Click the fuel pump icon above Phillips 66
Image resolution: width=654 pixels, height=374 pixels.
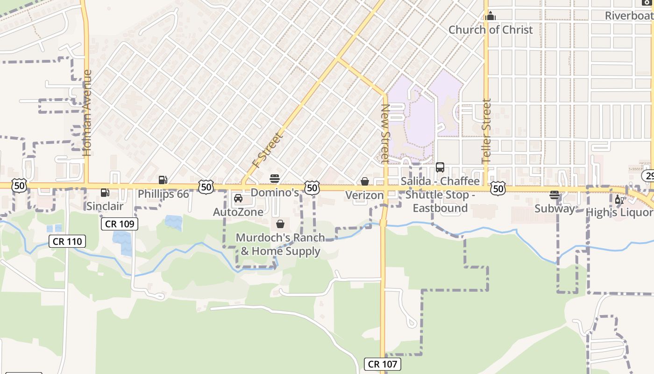pos(163,180)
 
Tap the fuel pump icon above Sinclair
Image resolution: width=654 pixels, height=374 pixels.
pos(105,193)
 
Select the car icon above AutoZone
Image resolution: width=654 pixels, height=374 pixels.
pos(238,198)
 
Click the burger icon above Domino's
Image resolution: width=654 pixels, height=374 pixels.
pos(275,179)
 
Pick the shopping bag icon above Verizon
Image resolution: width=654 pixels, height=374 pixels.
pos(365,181)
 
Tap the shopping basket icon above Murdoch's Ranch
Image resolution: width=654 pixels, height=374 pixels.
pos(280,224)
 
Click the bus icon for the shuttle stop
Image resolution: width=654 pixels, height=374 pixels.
pos(440,167)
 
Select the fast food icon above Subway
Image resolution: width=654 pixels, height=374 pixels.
pos(554,195)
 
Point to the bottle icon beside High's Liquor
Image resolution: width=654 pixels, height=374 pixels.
pos(619,200)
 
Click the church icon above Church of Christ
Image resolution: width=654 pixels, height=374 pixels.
pos(490,16)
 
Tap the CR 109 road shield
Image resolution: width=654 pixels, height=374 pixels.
pos(120,224)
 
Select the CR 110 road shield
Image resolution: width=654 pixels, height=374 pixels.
pos(67,242)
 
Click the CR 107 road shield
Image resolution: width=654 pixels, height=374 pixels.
pos(383,364)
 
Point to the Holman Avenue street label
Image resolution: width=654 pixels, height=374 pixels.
pos(87,113)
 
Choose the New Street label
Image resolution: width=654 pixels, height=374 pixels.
pos(385,133)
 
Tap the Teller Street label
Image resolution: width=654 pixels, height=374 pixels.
pos(487,131)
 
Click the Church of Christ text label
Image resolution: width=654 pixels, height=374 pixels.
pos(490,30)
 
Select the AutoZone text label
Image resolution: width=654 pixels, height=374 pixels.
pos(238,212)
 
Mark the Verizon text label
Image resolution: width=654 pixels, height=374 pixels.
pos(364,195)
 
